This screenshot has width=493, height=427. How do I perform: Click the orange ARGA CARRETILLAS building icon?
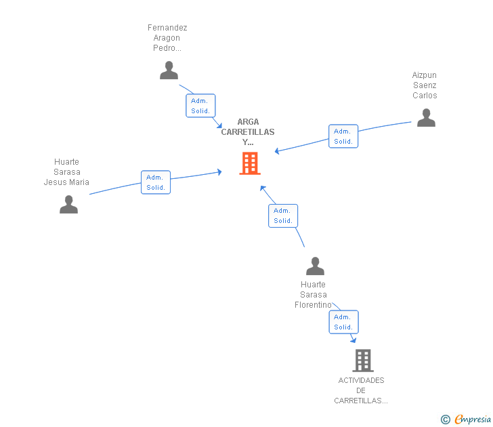click(250, 163)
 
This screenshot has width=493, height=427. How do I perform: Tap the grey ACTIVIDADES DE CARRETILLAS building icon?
click(363, 361)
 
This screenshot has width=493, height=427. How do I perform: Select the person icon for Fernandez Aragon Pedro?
click(169, 70)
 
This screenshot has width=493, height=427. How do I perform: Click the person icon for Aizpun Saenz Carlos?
click(426, 117)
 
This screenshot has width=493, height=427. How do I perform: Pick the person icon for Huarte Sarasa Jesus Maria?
click(68, 204)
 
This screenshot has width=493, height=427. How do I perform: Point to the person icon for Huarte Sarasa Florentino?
click(315, 266)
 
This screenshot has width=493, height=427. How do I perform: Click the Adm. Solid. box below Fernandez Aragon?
click(200, 106)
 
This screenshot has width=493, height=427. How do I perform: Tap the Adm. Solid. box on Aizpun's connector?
click(343, 136)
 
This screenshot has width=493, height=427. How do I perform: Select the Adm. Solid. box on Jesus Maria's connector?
click(156, 182)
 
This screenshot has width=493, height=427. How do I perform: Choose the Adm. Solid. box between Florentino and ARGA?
click(283, 216)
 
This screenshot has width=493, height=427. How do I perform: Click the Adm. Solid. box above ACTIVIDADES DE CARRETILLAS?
click(343, 322)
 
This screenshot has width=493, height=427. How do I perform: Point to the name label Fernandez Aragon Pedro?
click(167, 38)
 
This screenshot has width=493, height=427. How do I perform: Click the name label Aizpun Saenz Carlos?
click(425, 85)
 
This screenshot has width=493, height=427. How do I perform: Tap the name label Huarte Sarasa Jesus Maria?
click(66, 172)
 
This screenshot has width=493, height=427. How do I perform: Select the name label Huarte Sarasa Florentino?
click(313, 295)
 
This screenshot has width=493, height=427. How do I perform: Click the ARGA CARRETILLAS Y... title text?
click(248, 132)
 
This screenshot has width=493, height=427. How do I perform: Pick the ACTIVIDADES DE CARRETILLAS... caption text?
click(361, 390)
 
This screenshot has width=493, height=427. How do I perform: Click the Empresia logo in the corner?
click(473, 419)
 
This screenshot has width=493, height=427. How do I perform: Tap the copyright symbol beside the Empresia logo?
click(446, 420)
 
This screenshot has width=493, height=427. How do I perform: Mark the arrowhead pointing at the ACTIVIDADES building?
click(353, 340)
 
